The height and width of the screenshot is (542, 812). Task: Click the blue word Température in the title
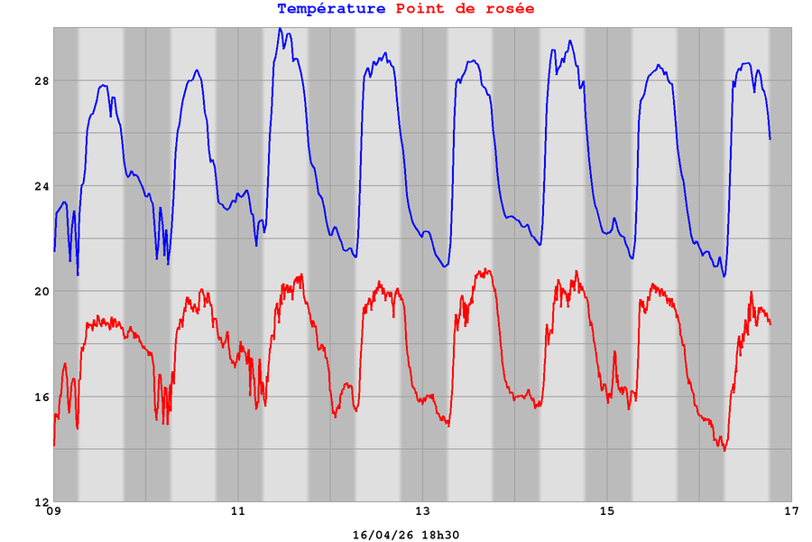[331, 9]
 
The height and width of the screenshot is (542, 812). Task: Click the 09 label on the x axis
[53, 512]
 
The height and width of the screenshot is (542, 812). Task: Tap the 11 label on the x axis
[238, 512]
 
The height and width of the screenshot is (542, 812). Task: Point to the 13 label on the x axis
[422, 512]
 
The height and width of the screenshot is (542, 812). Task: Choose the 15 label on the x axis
[607, 512]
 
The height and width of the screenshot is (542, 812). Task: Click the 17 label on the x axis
[791, 512]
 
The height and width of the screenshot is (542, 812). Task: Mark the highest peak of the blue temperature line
[280, 29]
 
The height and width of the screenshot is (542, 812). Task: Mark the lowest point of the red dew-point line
[724, 450]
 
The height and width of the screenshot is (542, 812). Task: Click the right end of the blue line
[770, 138]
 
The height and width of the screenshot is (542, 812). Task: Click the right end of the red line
[770, 323]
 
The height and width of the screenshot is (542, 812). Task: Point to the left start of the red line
[54, 444]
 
